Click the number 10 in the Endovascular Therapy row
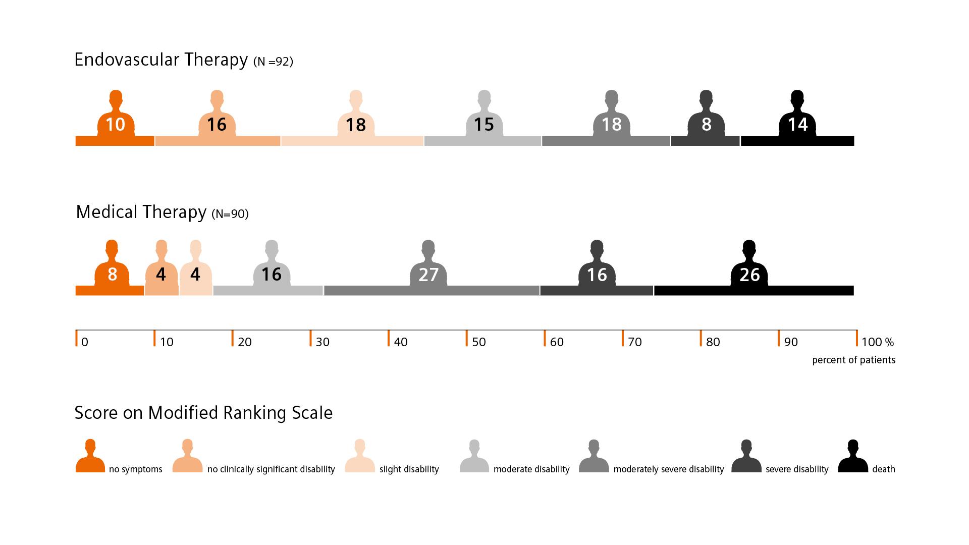pos(116,125)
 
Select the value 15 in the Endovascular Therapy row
pos(483,125)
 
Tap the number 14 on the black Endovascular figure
pos(797,125)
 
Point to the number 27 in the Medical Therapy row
pos(428,275)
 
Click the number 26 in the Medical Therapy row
pos(749,275)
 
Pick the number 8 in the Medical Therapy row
pos(112,275)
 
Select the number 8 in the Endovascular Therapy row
pos(706,125)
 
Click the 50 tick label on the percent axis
pos(478,342)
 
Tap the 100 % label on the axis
pos(877,342)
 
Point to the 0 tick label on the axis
pos(84,342)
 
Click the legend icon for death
pos(853,457)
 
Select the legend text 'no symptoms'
pos(135,469)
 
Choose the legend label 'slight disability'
pos(409,469)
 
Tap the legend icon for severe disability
pos(746,457)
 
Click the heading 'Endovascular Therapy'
pos(161,60)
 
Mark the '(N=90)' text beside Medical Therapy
pos(230,214)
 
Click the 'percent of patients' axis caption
pos(853,360)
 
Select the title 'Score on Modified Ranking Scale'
pos(203,413)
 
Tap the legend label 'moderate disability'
pos(531,469)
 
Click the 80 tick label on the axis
pos(713,342)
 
